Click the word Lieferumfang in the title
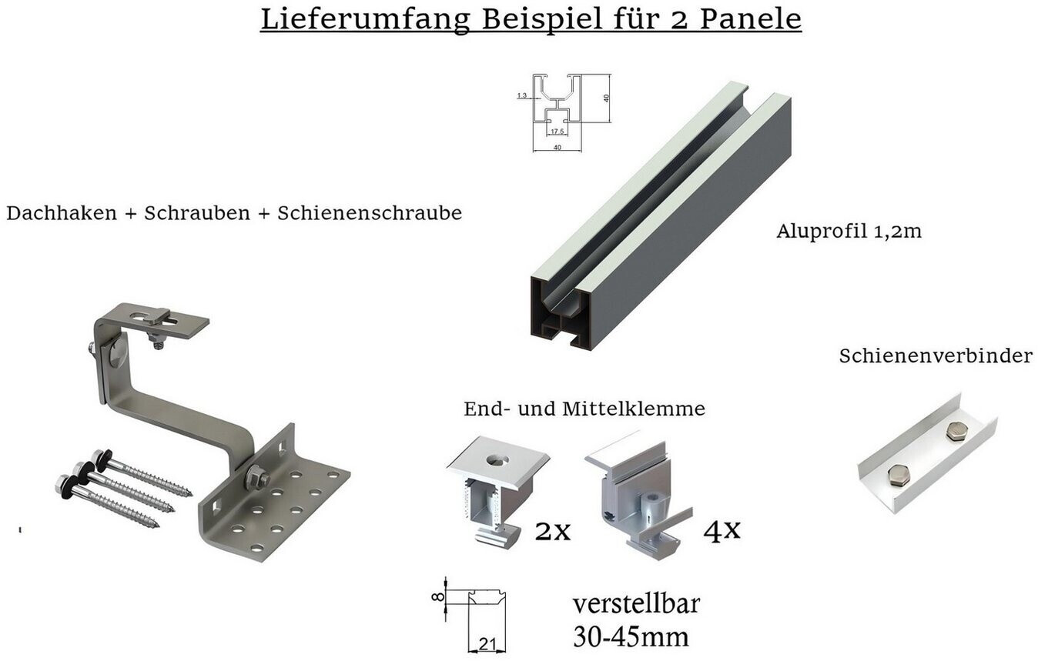pos(366,19)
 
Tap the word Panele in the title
pos(750,18)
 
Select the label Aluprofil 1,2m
pos(849,231)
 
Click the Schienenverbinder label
pos(936,356)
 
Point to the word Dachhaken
pos(62,213)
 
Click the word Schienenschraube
pos(370,213)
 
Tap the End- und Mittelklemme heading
pos(584,409)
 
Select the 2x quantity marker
pos(552,531)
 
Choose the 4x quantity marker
pos(722,530)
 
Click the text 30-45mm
pos(631,637)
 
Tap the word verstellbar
pos(636,603)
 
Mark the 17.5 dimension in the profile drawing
pos(557,132)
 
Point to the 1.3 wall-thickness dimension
pos(522,96)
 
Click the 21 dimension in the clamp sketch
pos(487,644)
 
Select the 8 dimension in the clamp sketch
pos(437,598)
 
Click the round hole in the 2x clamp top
pos(497,459)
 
